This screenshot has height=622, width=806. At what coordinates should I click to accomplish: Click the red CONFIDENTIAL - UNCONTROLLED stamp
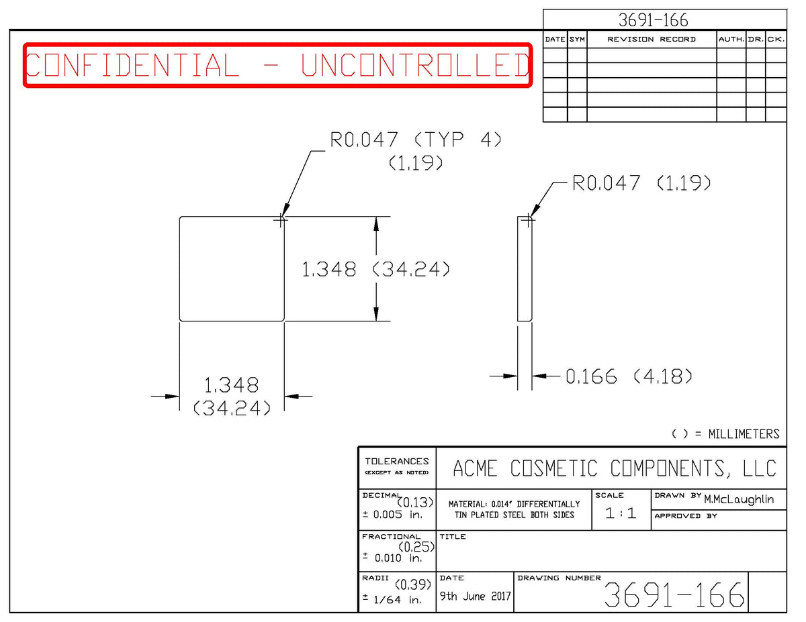click(278, 65)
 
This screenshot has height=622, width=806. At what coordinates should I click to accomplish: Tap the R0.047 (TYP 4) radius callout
click(415, 140)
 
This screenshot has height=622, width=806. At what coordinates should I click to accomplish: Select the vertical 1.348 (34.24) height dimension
click(375, 269)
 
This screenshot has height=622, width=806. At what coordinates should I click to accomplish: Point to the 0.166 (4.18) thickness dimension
click(629, 376)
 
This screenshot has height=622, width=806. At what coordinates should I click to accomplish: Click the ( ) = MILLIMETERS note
click(725, 434)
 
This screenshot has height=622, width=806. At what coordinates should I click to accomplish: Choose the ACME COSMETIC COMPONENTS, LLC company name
click(614, 468)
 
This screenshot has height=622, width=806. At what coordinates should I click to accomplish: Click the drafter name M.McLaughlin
click(738, 499)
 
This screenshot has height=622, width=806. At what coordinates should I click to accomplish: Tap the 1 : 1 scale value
click(621, 513)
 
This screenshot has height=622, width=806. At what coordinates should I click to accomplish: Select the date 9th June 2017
click(475, 596)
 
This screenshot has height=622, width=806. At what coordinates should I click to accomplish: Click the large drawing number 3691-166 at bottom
click(674, 594)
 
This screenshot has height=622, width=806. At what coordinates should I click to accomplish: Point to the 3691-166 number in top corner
click(653, 20)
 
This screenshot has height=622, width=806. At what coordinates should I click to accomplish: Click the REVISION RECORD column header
click(652, 39)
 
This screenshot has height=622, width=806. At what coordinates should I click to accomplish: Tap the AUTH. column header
click(731, 39)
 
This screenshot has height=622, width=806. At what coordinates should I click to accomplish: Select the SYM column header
click(577, 39)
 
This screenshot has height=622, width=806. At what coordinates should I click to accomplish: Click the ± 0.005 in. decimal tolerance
click(392, 514)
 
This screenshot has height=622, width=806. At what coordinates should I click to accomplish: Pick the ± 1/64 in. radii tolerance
click(392, 599)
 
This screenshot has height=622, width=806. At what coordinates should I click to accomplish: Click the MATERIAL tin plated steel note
click(514, 509)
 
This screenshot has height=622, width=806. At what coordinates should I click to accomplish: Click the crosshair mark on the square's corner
click(280, 221)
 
